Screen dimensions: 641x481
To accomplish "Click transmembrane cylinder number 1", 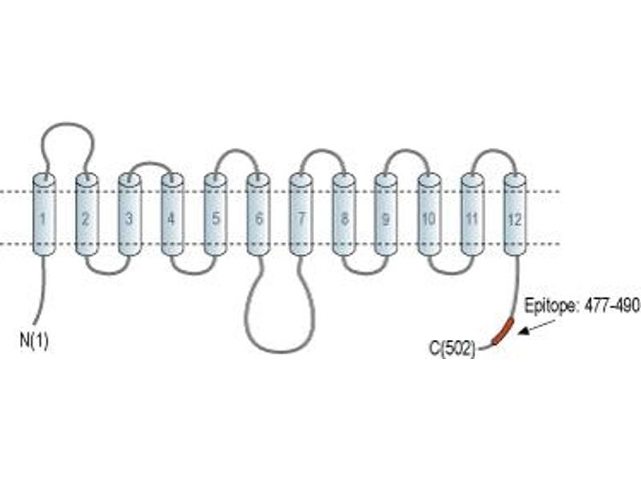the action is (x=44, y=215).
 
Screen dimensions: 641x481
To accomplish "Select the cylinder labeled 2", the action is (x=87, y=215).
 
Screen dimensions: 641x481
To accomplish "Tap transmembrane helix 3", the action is (x=130, y=215).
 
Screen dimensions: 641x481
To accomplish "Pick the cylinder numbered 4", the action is (x=172, y=215).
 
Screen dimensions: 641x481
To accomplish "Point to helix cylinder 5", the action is (x=216, y=215).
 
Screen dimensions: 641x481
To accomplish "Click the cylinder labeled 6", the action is (x=258, y=215).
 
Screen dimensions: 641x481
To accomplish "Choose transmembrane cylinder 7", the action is (x=301, y=215).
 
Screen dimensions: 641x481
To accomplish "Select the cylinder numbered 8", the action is (x=344, y=215).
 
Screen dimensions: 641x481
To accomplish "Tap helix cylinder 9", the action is (x=386, y=215).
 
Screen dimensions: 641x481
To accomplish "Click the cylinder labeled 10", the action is (x=429, y=215).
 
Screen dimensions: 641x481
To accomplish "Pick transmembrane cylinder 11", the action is (x=473, y=215).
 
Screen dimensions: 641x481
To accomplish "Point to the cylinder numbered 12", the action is (x=515, y=215).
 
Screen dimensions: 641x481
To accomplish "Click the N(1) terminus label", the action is (x=34, y=340).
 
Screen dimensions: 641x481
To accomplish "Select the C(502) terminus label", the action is (x=453, y=349).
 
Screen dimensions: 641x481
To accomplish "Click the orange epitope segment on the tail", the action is (x=503, y=331).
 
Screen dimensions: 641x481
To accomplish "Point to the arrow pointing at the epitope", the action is (x=536, y=327).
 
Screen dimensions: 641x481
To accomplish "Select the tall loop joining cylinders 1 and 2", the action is (x=67, y=123).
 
